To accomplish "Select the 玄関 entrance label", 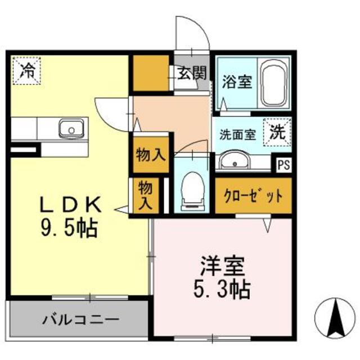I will click(x=192, y=74).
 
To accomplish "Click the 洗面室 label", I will click(x=237, y=135).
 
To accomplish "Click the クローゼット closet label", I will click(x=253, y=197).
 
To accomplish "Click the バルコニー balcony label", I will click(x=80, y=320).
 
